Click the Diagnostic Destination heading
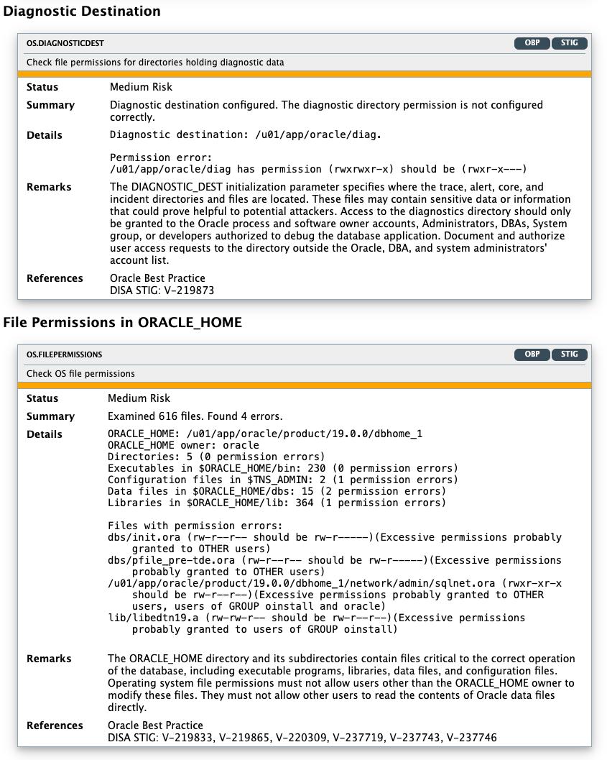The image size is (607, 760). click(x=82, y=12)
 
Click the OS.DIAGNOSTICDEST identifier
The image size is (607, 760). click(x=65, y=43)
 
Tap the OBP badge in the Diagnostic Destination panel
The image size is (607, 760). click(x=532, y=43)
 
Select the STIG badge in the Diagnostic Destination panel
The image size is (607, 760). click(x=570, y=43)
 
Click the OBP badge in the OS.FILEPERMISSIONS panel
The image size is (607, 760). click(x=532, y=354)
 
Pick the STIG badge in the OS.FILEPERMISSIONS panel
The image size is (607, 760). click(x=570, y=354)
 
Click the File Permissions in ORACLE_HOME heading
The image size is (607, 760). click(x=122, y=323)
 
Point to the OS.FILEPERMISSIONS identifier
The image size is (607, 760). click(x=65, y=354)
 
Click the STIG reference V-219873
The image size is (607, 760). click(x=188, y=290)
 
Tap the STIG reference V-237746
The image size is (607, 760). click(x=471, y=737)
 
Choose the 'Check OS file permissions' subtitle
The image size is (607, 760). click(x=80, y=374)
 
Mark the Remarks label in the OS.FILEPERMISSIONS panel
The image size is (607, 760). click(x=49, y=659)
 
